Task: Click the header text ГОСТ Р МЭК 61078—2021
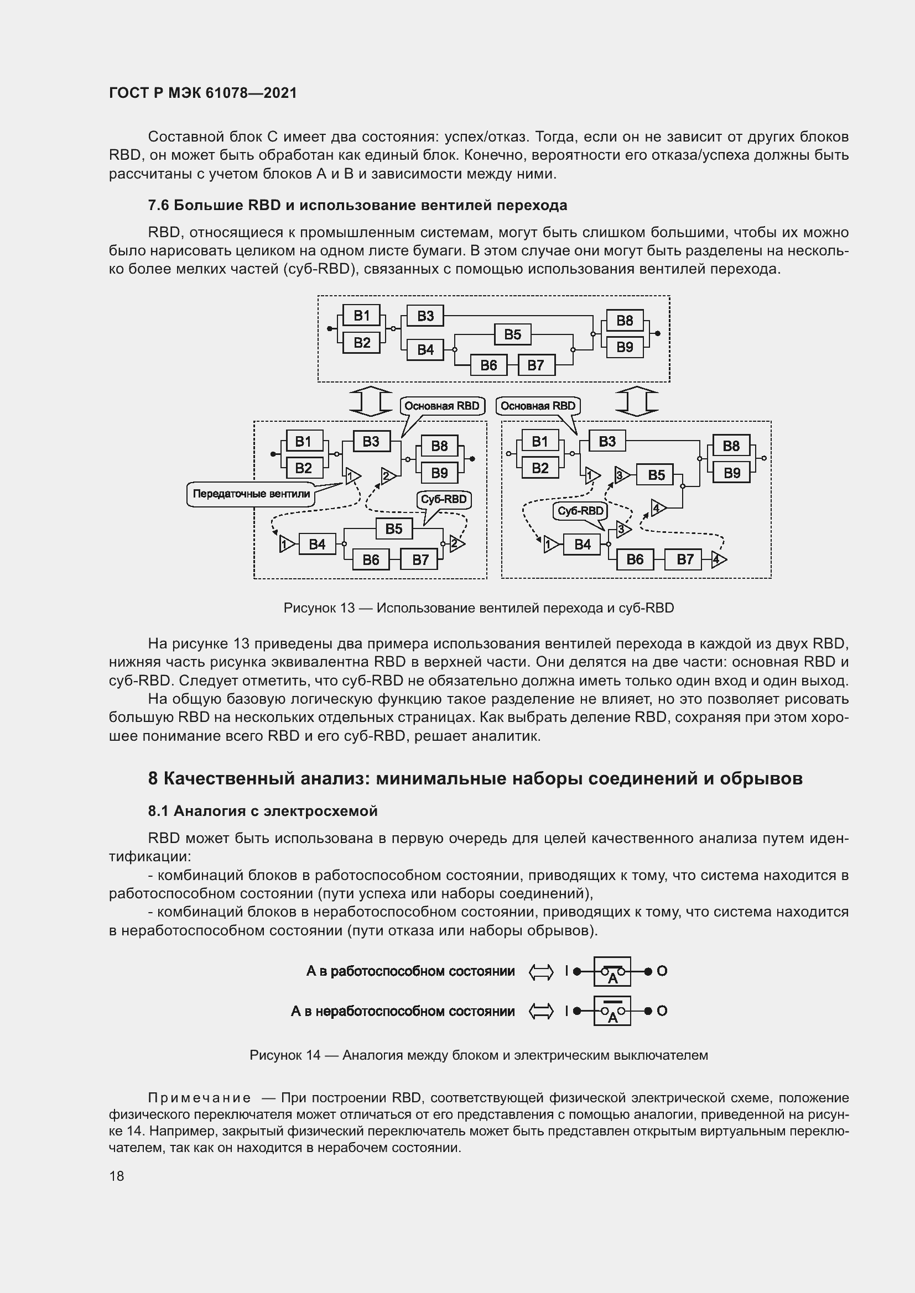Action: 203,93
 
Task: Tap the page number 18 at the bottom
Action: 117,1176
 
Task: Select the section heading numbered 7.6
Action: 357,206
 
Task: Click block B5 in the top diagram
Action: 512,334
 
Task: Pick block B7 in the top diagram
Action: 536,365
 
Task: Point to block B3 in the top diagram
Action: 425,316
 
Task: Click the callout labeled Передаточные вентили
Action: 251,494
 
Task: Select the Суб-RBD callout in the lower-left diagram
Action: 444,500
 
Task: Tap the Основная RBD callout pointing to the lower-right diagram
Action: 538,406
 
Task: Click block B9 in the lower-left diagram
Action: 439,473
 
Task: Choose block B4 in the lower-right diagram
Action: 582,544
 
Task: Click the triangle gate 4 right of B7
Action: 719,559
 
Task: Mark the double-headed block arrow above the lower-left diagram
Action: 371,401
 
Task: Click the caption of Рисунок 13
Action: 479,608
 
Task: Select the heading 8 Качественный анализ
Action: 475,778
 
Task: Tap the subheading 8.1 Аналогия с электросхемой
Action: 263,811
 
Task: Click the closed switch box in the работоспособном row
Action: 612,971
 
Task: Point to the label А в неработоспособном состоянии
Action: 402,1011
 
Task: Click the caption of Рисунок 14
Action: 479,1055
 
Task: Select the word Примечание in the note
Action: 200,1098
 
